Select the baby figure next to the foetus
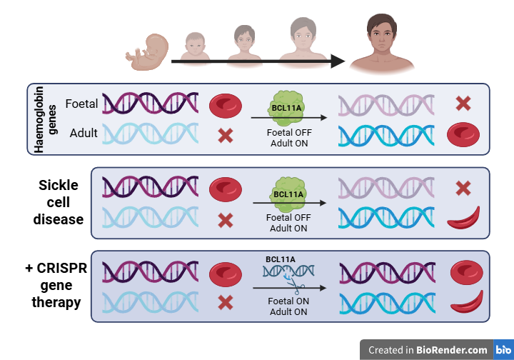(x=195, y=47)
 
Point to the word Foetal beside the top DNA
(x=81, y=104)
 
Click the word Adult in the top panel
(x=84, y=133)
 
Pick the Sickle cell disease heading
(x=59, y=202)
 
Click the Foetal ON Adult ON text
(x=289, y=306)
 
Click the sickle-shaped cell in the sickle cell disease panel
(x=464, y=217)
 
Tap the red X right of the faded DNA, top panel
(x=463, y=104)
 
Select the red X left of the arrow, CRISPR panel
(x=226, y=302)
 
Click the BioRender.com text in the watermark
(x=453, y=350)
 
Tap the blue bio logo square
(x=503, y=350)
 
